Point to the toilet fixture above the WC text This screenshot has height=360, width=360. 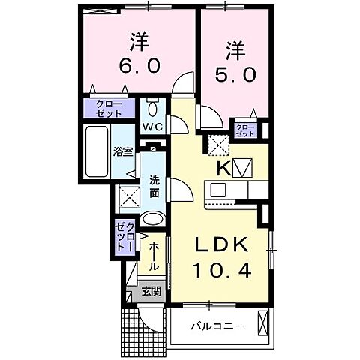153,105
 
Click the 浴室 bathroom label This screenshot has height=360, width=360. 123,151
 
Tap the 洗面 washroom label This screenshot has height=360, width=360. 154,186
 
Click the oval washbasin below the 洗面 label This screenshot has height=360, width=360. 152,220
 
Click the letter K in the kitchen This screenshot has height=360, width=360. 222,168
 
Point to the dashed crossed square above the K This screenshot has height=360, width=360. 218,143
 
